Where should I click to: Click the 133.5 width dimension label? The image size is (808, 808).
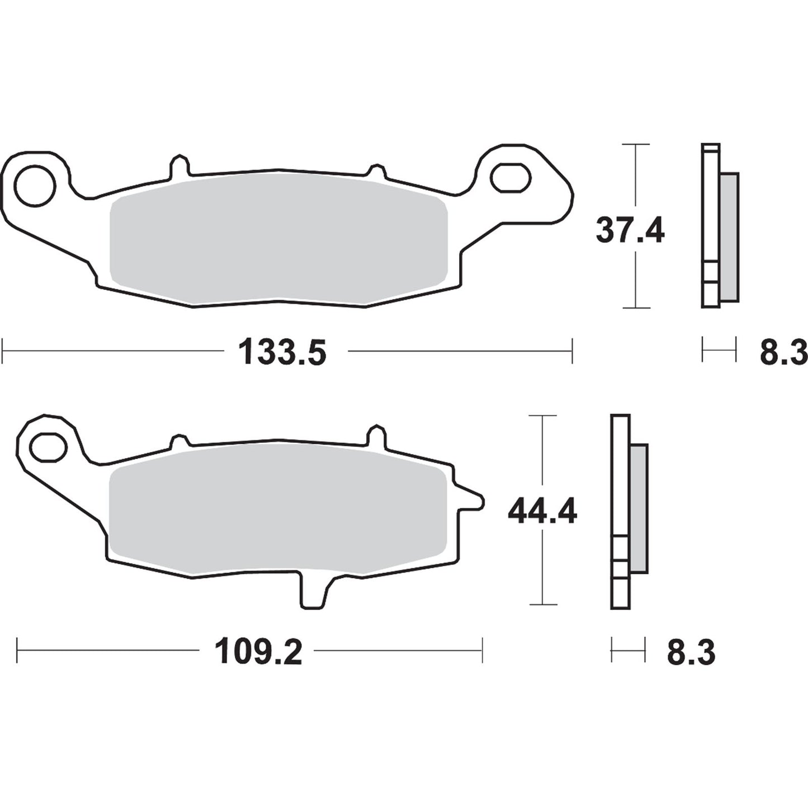[282, 353]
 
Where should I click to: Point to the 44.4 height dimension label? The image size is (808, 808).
[542, 512]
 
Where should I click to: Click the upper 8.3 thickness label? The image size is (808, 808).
[783, 353]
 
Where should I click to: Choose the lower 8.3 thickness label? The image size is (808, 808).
[691, 652]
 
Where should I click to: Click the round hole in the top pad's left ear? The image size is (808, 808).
[35, 185]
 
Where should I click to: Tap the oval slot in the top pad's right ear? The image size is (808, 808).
[509, 176]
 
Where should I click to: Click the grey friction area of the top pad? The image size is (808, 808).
[278, 242]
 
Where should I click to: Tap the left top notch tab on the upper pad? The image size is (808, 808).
[179, 166]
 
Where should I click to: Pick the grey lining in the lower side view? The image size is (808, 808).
[639, 508]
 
